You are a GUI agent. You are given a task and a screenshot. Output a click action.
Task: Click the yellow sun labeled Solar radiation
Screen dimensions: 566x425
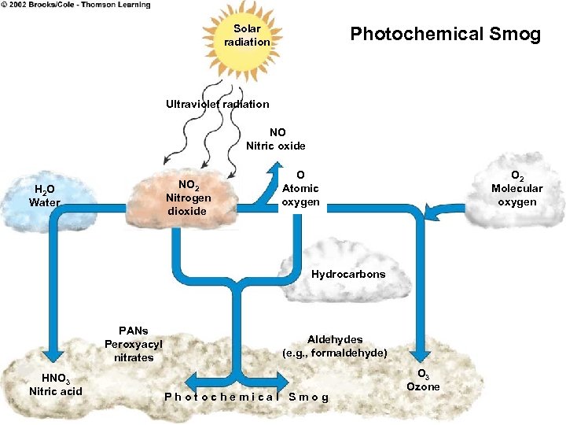pos(247,35)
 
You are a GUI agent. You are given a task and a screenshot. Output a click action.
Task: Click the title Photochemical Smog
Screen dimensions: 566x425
pos(445,34)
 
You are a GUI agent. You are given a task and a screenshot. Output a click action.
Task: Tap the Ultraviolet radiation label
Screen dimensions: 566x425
pos(217,104)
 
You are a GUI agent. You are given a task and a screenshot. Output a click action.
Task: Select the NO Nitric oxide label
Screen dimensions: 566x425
pos(277,139)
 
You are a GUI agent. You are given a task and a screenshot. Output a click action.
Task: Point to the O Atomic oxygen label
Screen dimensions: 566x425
pos(300,189)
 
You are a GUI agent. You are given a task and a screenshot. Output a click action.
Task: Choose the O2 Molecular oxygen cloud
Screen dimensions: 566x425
pos(516,189)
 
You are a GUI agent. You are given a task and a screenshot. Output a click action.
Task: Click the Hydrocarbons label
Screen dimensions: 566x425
pos(348,275)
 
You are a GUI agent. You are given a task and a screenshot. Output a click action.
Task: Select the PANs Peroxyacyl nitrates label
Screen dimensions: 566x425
pos(134,344)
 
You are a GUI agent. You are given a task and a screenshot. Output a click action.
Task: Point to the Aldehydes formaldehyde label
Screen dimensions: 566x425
pos(334,346)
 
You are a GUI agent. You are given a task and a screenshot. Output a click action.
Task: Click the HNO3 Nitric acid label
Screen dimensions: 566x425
pos(55,385)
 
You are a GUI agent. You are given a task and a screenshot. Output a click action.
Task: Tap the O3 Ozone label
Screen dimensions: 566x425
pos(423,380)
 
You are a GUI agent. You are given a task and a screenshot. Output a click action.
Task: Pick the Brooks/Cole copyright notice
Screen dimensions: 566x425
pos(75,6)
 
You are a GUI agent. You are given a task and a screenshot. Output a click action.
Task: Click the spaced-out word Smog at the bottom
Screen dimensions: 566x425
pos(309,397)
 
